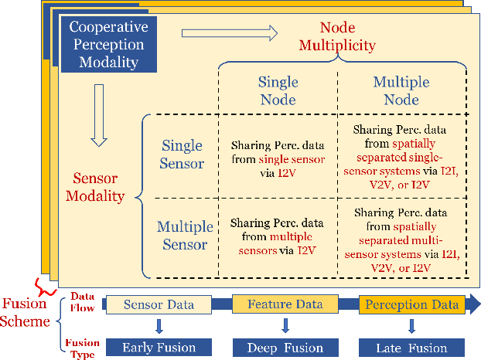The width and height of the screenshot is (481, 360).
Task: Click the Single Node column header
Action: click(278, 90)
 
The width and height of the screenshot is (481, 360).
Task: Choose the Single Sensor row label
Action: click(183, 155)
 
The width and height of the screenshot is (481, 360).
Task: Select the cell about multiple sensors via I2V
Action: click(278, 236)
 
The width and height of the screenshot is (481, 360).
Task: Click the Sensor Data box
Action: click(159, 304)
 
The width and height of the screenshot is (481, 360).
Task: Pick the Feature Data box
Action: click(285, 304)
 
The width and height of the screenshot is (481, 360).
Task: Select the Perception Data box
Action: click(412, 304)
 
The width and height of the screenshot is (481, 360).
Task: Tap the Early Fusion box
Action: click(159, 347)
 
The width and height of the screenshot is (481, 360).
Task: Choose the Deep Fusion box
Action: click(285, 347)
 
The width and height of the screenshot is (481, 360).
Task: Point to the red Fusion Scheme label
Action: click(29, 311)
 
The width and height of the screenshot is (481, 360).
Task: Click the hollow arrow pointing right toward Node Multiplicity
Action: click(228, 33)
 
